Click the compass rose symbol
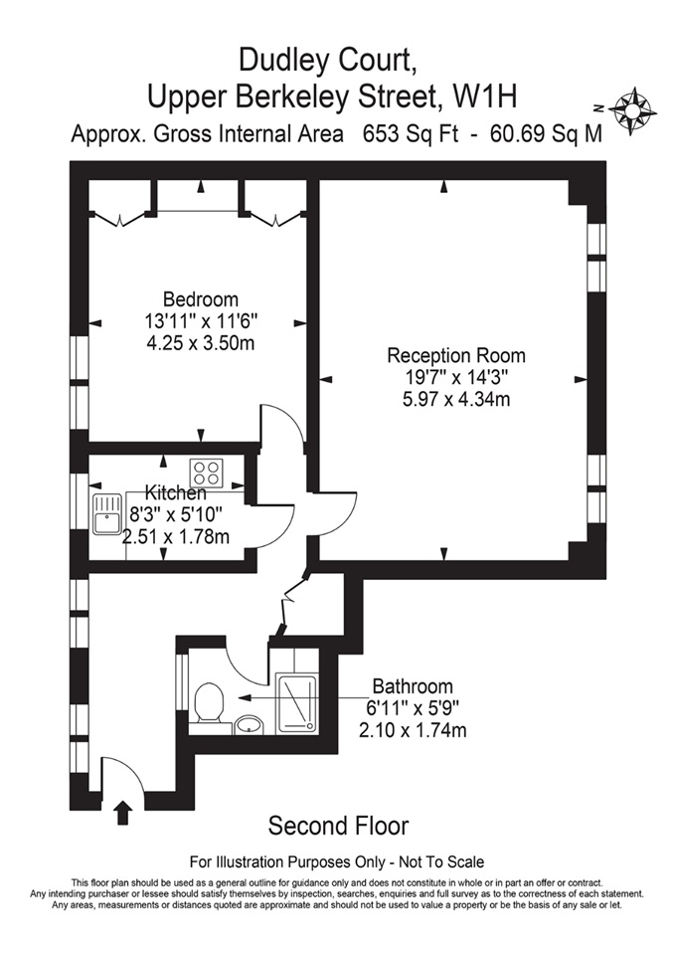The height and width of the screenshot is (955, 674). [632, 110]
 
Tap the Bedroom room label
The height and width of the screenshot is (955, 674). [201, 299]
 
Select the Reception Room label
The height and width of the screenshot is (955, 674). [456, 355]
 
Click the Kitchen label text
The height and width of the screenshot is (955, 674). [175, 492]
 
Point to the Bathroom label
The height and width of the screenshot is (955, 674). [413, 686]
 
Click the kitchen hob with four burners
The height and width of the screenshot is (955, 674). [207, 473]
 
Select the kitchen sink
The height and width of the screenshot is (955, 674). [107, 514]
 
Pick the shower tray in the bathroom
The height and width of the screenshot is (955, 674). [296, 703]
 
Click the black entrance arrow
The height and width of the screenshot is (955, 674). [123, 813]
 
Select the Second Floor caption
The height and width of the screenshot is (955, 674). [338, 826]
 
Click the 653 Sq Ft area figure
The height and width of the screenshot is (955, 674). [411, 133]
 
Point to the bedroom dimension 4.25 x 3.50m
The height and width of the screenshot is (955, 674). [201, 343]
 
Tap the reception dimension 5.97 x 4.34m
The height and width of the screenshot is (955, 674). [456, 399]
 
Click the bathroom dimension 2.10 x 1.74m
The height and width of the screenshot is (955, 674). [413, 729]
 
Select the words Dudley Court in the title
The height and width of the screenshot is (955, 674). [329, 61]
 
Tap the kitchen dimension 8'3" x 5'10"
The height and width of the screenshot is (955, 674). [176, 514]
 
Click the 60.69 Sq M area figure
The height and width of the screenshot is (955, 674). [546, 133]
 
